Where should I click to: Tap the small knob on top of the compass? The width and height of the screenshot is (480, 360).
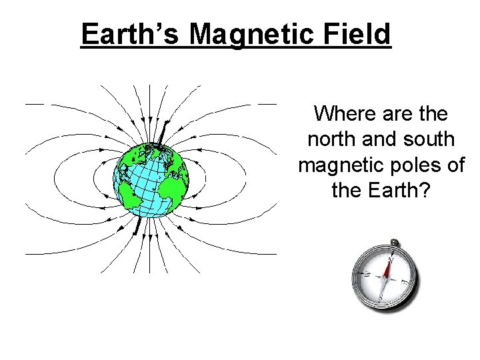pos(394,243)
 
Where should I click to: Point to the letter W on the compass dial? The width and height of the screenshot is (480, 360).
pos(367,273)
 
